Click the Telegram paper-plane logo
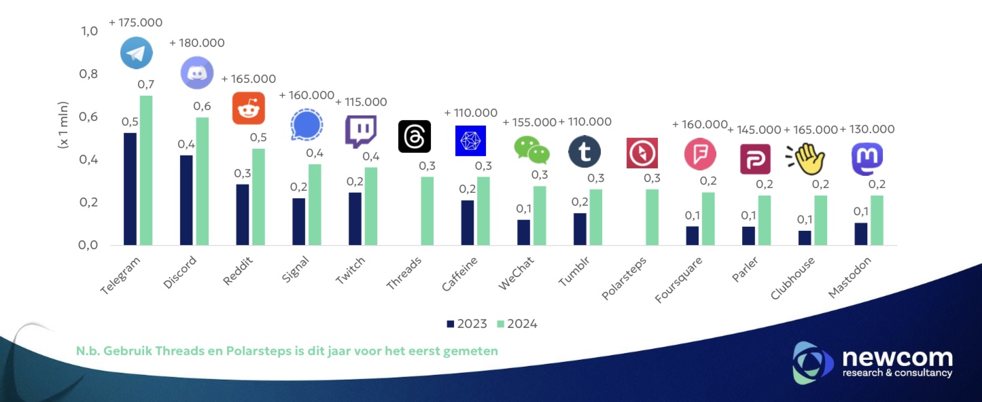point(137,53)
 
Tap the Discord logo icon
point(197,73)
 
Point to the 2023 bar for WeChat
point(523,232)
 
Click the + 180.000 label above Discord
point(196,43)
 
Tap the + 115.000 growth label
point(361,102)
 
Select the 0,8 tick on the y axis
point(90,74)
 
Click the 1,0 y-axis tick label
point(90,31)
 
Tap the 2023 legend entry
point(466,324)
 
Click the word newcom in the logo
point(897,358)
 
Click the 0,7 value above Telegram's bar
point(145,84)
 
